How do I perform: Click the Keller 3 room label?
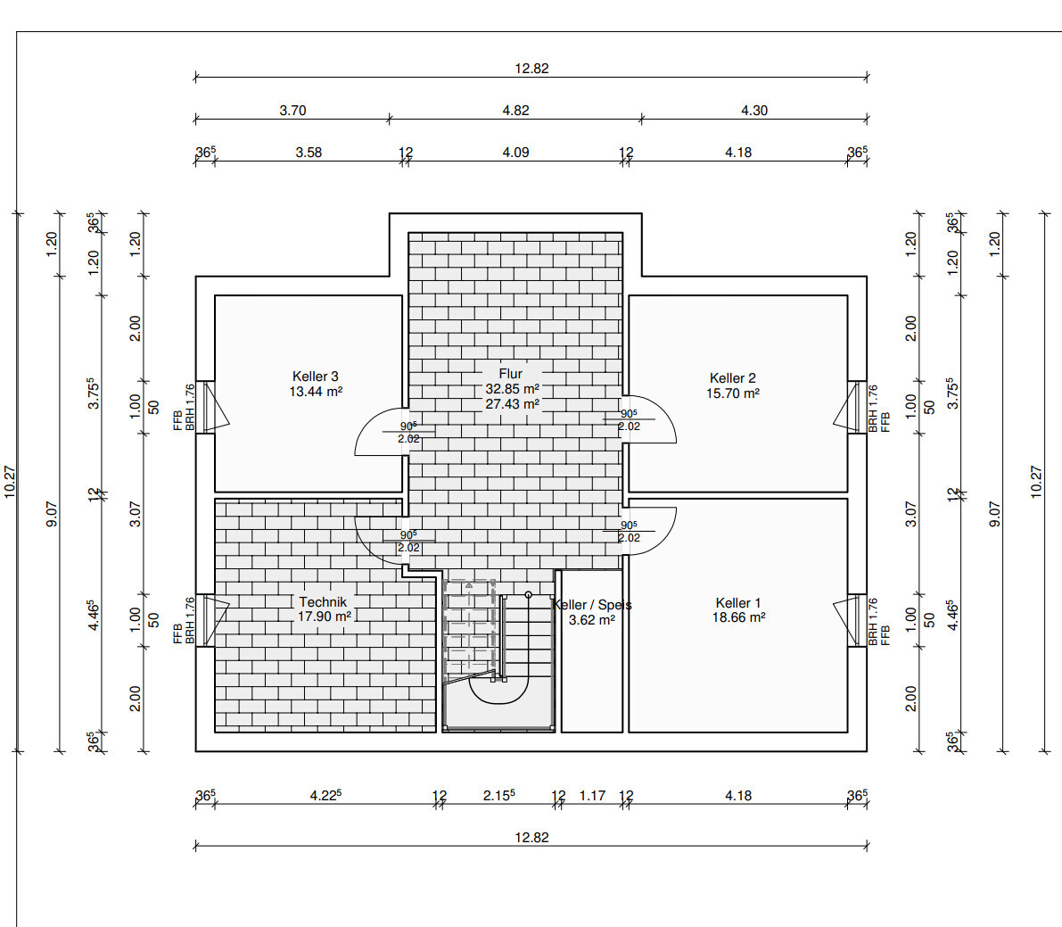pos(315,377)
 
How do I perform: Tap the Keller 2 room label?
pos(732,378)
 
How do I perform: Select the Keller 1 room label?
pos(738,603)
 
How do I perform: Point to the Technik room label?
pos(323,601)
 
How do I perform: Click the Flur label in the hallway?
pos(511,373)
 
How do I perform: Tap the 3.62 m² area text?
pos(591,619)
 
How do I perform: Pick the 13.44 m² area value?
pos(316,391)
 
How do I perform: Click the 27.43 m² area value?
pos(512,404)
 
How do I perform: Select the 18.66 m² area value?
pos(738,617)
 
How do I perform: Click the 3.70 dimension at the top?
pos(292,110)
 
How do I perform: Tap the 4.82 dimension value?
pos(515,110)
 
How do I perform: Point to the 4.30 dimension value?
pos(753,110)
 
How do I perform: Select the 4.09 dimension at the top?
pos(515,152)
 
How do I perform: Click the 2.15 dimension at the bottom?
pos(498,795)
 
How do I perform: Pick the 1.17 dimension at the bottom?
pos(592,796)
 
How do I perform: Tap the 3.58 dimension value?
pos(309,152)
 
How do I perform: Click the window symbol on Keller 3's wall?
pos(213,407)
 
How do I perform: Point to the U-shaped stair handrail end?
pos(528,595)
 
